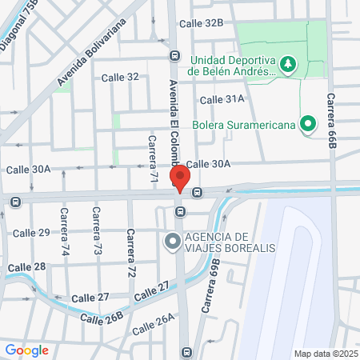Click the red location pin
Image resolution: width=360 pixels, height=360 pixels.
180,178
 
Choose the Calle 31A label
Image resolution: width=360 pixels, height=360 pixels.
222,99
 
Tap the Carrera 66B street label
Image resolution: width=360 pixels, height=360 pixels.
330,121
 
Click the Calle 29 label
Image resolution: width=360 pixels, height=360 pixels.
32,232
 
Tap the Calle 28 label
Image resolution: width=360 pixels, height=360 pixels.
27,266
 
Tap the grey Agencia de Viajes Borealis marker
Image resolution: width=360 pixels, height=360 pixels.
172,241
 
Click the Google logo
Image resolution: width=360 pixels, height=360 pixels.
26,350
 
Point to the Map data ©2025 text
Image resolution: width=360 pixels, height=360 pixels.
325,354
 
